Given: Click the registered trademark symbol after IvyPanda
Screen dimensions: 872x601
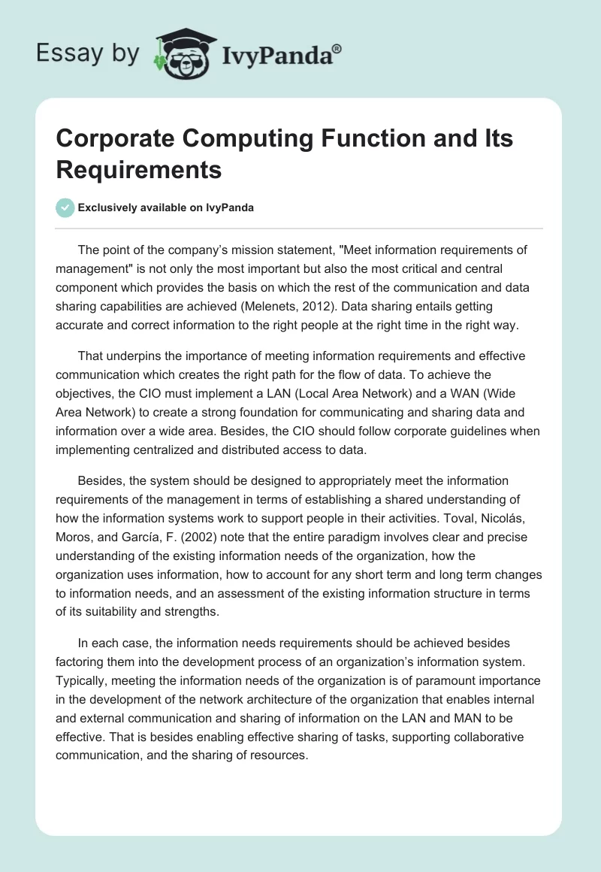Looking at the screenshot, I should tap(337, 49).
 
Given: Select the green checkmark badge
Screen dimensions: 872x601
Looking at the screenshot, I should tap(65, 207).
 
